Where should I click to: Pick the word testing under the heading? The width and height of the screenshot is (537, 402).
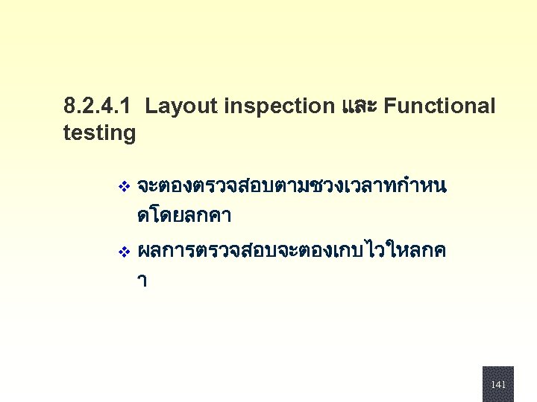coord(100,134)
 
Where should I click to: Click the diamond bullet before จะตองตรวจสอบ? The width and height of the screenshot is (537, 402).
coord(124,185)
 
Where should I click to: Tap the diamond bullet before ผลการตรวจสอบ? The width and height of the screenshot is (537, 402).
coord(124,252)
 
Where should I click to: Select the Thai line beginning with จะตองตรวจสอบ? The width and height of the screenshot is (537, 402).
coord(292,185)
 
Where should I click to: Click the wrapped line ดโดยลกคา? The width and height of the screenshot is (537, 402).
coord(184,217)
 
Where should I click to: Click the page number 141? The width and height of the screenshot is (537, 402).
coord(498,384)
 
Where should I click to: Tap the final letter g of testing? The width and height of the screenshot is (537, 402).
coord(130,135)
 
